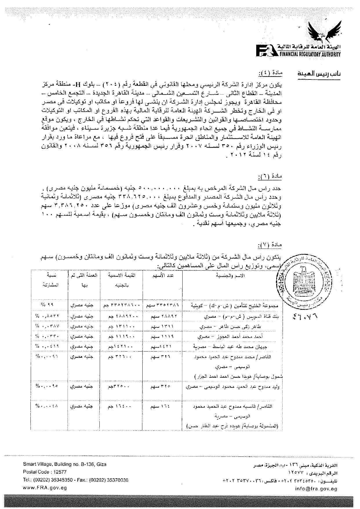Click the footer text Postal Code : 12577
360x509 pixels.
45,472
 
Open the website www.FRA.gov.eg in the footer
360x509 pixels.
45,488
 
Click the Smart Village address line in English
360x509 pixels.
64,464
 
